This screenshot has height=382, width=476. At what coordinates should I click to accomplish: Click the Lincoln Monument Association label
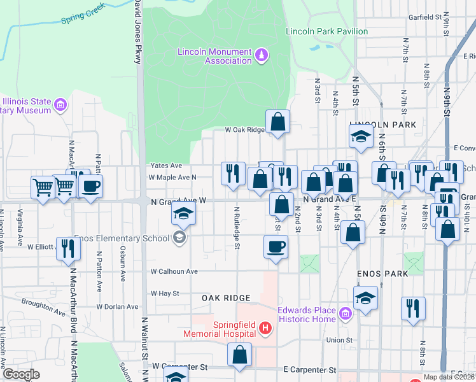(214, 56)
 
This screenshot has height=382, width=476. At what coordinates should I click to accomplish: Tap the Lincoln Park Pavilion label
(326, 31)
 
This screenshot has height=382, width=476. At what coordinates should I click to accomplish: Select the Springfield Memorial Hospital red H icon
(265, 329)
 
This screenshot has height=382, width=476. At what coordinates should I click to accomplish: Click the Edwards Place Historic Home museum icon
(345, 314)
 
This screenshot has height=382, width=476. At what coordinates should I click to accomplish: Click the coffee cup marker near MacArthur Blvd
(90, 187)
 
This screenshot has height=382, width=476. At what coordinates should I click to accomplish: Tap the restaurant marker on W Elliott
(66, 248)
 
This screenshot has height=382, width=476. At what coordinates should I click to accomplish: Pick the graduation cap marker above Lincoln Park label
(361, 136)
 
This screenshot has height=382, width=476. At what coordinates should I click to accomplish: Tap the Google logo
(20, 374)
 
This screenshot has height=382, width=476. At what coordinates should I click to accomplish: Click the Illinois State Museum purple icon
(60, 104)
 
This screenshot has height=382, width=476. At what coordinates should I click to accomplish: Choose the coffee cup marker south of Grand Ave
(276, 246)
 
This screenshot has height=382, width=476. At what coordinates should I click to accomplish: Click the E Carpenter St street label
(309, 369)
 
